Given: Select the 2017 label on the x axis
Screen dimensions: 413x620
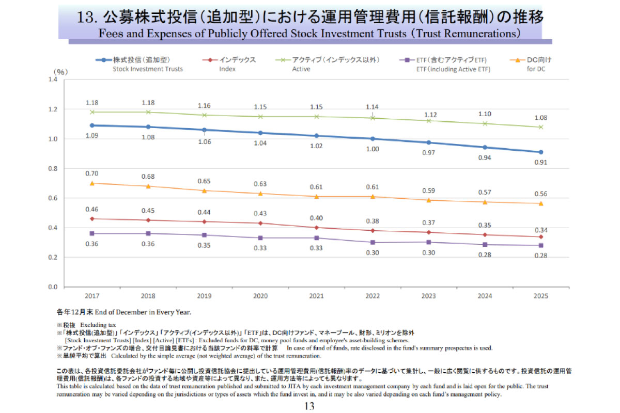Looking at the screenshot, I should (91, 296).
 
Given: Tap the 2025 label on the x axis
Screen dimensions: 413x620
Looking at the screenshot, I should (541, 296).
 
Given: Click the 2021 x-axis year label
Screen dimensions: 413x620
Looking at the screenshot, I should (316, 296).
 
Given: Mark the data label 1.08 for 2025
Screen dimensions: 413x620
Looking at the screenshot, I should (541, 117).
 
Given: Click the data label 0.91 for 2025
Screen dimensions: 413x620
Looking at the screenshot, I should (541, 162).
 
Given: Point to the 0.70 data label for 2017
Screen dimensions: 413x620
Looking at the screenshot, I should (91, 173).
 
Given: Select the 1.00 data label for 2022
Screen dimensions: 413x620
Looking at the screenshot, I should (373, 149).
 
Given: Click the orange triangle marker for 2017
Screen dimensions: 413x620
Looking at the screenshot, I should (91, 183).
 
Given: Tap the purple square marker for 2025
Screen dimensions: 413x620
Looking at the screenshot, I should (541, 245).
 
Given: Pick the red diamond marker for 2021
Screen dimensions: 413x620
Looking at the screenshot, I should (316, 227).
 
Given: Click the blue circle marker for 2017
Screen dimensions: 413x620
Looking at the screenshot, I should (91, 125).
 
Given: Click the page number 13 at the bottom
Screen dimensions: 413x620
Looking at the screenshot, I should (309, 406).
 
